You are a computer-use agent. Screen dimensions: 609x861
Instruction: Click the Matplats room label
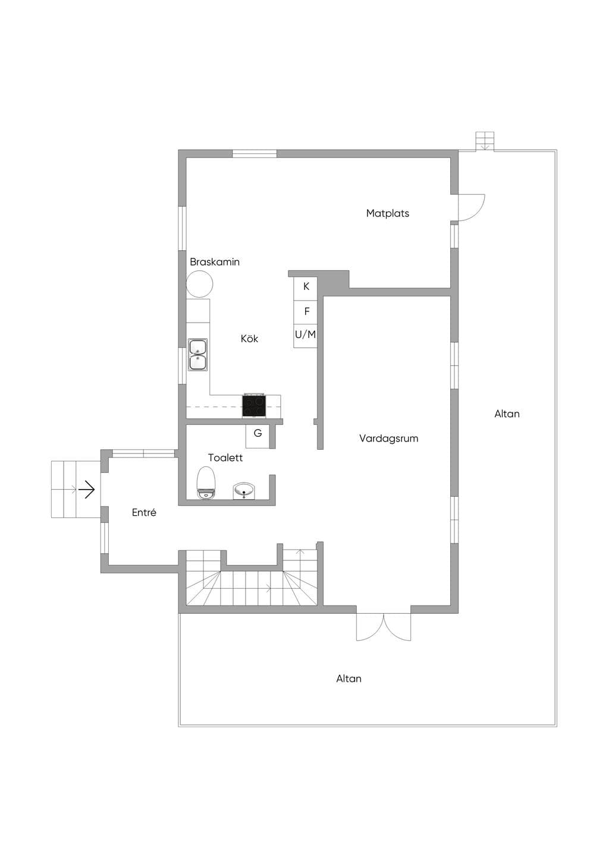[x=387, y=213]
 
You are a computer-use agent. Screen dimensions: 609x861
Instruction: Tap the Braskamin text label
[x=215, y=262]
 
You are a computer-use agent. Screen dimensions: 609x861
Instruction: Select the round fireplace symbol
[x=199, y=284]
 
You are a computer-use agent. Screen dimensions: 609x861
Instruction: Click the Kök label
[x=249, y=338]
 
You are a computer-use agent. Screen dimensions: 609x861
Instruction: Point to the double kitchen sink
[x=197, y=354]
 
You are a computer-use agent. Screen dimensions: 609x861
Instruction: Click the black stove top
[x=254, y=406]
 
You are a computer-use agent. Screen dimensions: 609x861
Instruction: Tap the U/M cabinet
[x=306, y=336]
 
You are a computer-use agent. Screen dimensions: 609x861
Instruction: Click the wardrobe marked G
[x=258, y=436]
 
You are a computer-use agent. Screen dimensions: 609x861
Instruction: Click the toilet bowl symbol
[x=206, y=482]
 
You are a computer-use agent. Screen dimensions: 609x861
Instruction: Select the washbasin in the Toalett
[x=243, y=491]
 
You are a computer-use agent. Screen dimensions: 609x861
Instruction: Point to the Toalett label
[x=225, y=458]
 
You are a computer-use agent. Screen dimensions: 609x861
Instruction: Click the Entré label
[x=144, y=512]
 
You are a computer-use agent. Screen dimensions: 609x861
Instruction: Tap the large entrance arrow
[x=87, y=490]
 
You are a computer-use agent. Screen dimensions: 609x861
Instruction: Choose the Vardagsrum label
[x=388, y=438]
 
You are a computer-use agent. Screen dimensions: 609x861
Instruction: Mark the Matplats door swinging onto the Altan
[x=472, y=208]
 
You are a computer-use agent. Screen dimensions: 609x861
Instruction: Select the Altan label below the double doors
[x=349, y=679]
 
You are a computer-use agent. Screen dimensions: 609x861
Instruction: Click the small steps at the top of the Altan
[x=485, y=141]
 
